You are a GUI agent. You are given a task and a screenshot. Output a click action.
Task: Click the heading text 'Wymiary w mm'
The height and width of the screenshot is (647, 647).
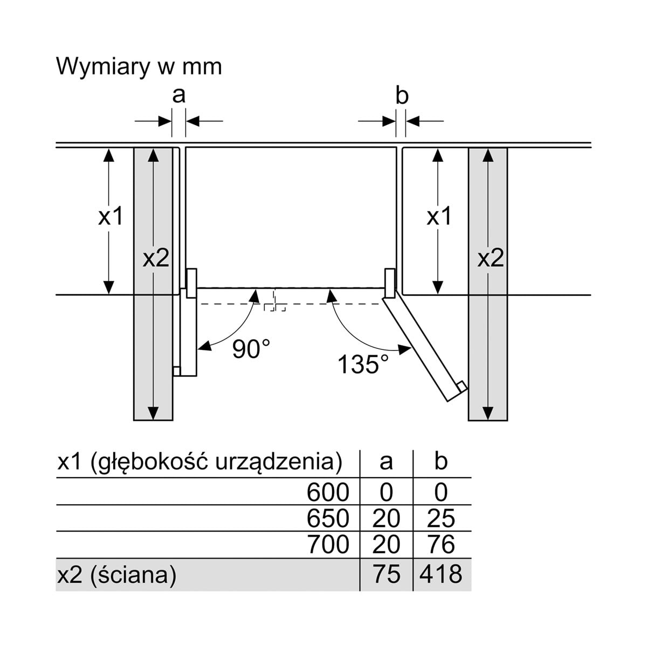click(139, 67)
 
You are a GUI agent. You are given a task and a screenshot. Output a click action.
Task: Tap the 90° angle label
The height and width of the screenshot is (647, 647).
click(251, 349)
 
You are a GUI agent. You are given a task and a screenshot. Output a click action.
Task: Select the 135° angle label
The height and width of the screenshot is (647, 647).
click(363, 364)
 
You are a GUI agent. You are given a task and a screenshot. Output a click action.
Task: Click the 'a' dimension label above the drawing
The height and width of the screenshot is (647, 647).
click(178, 95)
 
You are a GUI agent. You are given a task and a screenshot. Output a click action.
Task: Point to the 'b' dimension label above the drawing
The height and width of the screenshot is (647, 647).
click(402, 95)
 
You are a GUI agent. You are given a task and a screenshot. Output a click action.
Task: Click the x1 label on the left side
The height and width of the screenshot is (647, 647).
click(111, 217)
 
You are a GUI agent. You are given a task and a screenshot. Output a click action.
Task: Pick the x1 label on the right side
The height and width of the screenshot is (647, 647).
click(438, 217)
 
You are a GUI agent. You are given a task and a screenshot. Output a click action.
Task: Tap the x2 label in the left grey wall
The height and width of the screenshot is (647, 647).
click(156, 259)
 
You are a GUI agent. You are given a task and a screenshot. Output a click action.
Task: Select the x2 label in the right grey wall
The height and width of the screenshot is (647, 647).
click(490, 259)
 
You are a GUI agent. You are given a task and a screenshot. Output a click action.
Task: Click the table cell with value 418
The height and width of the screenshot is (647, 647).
click(440, 574)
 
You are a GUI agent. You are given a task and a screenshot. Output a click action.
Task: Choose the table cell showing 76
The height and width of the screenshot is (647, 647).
click(440, 545)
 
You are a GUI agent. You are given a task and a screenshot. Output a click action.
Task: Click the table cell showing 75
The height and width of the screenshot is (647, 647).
click(386, 574)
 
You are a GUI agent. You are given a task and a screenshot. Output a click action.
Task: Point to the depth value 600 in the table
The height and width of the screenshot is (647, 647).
click(328, 492)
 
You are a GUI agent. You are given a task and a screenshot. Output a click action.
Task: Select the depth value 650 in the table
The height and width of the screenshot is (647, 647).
click(328, 518)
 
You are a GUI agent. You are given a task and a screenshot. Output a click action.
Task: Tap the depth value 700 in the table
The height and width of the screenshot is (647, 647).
click(328, 545)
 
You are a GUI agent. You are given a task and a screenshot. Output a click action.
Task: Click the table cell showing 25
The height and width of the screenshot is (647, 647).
click(440, 518)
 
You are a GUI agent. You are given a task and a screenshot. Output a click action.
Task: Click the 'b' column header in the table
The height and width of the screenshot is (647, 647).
click(440, 462)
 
